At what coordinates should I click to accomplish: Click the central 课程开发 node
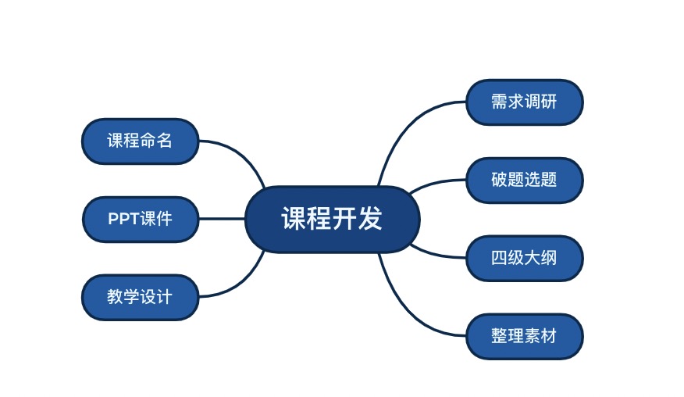pyautogui.click(x=333, y=219)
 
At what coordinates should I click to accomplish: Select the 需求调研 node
pyautogui.click(x=524, y=102)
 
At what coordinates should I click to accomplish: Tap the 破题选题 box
pyautogui.click(x=524, y=180)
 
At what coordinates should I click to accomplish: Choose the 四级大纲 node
pyautogui.click(x=524, y=258)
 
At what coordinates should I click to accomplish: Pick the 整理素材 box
pyautogui.click(x=524, y=336)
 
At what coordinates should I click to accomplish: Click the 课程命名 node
pyautogui.click(x=140, y=141)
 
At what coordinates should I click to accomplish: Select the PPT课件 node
pyautogui.click(x=140, y=219)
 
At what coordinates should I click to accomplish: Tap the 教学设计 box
pyautogui.click(x=140, y=297)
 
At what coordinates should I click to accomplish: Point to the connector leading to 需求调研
pyautogui.click(x=406, y=125)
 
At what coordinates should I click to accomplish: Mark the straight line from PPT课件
pyautogui.click(x=222, y=219)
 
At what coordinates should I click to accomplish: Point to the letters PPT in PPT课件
pyautogui.click(x=123, y=219)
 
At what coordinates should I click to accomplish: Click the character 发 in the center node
pyautogui.click(x=371, y=219)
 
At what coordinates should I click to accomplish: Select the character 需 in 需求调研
pyautogui.click(x=499, y=102)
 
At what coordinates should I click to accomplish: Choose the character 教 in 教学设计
pyautogui.click(x=115, y=297)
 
